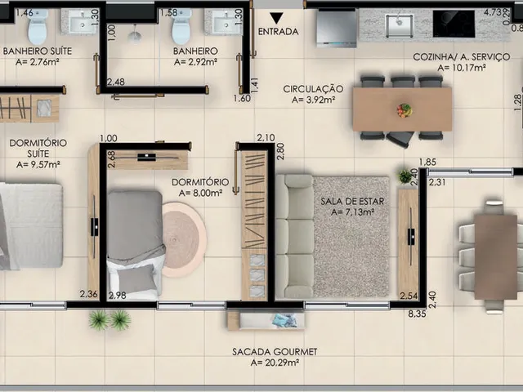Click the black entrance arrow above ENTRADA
tap(276, 18)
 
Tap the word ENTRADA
tap(278, 32)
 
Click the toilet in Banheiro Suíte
tap(38, 26)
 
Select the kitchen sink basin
tap(399, 25)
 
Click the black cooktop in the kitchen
tap(454, 24)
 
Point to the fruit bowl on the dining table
tap(405, 109)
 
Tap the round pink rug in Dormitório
tap(183, 239)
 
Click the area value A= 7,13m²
tap(352, 212)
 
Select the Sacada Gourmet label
tap(275, 352)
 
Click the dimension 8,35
tap(417, 314)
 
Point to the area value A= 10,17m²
tap(461, 68)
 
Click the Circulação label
tap(313, 89)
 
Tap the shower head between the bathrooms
tap(134, 35)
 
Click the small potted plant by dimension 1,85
tap(405, 176)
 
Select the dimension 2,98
tap(117, 295)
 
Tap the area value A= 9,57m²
tap(38, 165)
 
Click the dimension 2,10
tap(266, 137)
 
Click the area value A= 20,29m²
tap(275, 363)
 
